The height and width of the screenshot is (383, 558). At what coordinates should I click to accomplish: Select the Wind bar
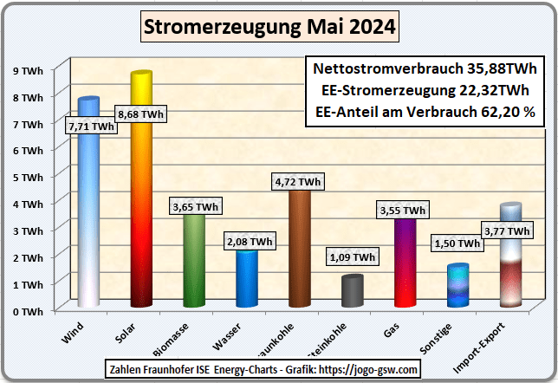[88, 217]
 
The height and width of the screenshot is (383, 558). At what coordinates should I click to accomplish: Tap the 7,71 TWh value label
[90, 127]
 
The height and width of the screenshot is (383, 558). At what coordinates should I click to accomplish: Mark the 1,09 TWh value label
[352, 257]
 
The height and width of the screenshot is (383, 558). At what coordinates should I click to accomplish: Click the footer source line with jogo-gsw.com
[263, 370]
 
